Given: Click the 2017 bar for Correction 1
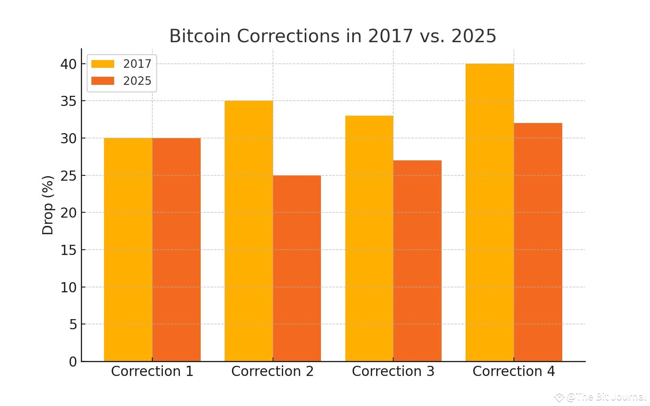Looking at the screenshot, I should (128, 250).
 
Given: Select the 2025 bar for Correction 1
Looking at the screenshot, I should (176, 250).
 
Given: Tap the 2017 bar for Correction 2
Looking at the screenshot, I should (249, 231).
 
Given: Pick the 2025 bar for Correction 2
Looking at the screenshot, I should (297, 268).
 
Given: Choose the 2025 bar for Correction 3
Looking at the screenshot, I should (417, 261).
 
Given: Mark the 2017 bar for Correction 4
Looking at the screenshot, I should (490, 212).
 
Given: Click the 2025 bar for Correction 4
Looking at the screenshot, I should (538, 242).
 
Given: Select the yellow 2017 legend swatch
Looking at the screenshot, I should (103, 64).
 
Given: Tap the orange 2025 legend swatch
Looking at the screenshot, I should (103, 81).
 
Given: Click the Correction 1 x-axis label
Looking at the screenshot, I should (152, 371).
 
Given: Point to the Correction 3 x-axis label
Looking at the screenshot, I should (393, 371).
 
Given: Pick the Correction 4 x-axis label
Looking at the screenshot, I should (513, 371).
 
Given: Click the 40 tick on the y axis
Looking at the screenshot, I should (68, 64).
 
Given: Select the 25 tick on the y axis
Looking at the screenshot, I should (68, 176).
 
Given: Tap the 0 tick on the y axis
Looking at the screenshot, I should (73, 362).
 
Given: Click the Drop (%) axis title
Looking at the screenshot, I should (48, 205).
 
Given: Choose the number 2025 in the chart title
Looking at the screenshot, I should (474, 36).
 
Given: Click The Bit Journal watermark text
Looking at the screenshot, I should (605, 397).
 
